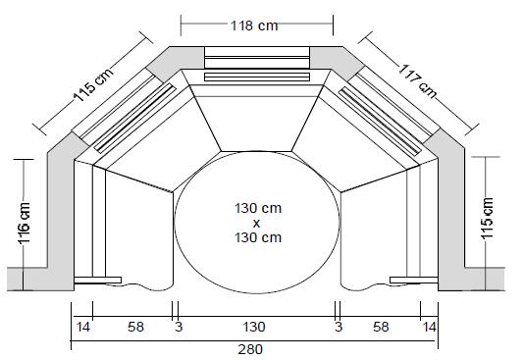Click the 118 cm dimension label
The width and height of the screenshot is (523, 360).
254,26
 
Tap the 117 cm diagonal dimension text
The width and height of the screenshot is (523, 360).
418,81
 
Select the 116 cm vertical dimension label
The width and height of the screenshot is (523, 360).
25,223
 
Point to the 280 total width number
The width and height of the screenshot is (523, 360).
250,349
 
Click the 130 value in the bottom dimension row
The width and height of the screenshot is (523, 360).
254,327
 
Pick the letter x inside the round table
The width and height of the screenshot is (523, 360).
256,224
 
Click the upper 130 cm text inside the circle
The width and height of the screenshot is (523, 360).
258,208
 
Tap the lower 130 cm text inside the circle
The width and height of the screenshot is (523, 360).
258,237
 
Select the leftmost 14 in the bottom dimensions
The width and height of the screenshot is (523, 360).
83,327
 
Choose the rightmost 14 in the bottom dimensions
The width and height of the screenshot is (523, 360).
429,327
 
